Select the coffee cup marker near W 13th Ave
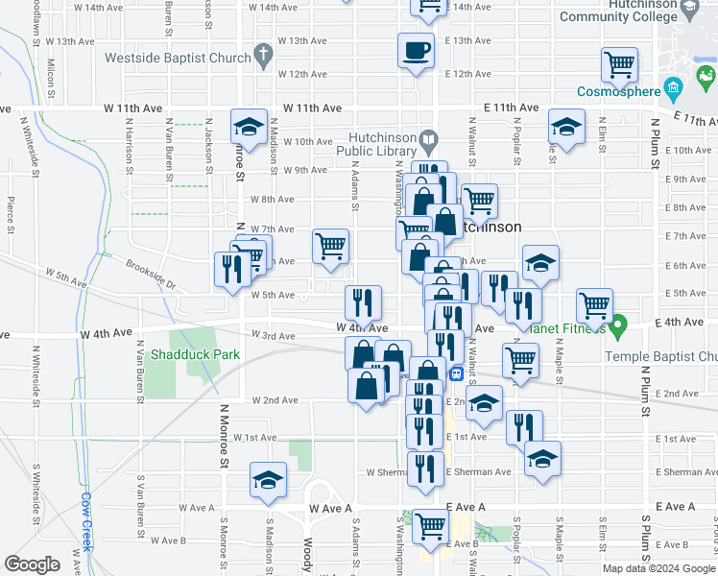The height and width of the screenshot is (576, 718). [416, 50]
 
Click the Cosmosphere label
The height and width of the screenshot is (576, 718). [618, 92]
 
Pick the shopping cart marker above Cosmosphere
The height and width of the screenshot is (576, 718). [619, 65]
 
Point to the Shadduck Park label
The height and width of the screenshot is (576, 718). [195, 354]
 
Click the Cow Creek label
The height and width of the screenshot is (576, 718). [85, 521]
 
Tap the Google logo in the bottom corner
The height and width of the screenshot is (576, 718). [32, 564]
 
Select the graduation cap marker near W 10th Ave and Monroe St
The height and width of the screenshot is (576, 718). [248, 127]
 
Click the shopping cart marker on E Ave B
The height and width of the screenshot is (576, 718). [430, 525]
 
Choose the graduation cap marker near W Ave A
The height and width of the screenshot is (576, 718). [268, 479]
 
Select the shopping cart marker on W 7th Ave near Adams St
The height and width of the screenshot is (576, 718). [330, 246]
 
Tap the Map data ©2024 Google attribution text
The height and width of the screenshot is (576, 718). [658, 568]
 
